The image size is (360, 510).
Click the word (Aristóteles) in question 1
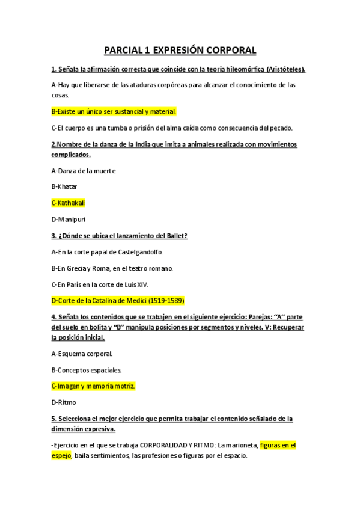click(282, 70)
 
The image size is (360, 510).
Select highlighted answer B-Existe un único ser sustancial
click(114, 111)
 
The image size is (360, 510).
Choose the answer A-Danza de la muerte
click(83, 170)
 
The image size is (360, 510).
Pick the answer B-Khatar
click(64, 186)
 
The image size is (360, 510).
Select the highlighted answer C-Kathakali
click(69, 203)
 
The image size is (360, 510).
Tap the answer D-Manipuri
click(69, 219)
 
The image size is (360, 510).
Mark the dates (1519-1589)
click(164, 300)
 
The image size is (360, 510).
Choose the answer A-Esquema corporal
click(82, 353)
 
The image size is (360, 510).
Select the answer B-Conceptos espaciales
click(87, 369)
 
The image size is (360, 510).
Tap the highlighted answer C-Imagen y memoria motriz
click(93, 386)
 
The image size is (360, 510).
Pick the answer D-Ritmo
click(64, 402)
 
